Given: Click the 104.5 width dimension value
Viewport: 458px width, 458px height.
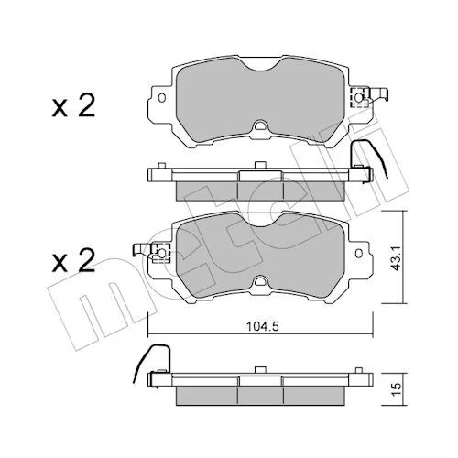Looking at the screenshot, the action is click(263, 327).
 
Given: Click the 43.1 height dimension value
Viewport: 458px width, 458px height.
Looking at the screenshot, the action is click(397, 257).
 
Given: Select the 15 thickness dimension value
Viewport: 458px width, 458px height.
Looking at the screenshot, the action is click(396, 389).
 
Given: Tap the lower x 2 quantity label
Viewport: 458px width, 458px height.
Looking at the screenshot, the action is click(73, 260).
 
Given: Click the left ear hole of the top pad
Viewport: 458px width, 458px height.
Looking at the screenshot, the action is click(162, 98).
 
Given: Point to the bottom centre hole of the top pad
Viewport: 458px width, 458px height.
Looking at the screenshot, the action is click(260, 125).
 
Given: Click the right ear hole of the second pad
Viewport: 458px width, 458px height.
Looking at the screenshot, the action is click(359, 253).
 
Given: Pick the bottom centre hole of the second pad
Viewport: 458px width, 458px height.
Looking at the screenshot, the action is click(260, 281).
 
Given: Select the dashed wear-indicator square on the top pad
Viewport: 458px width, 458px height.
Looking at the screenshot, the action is click(359, 98).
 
